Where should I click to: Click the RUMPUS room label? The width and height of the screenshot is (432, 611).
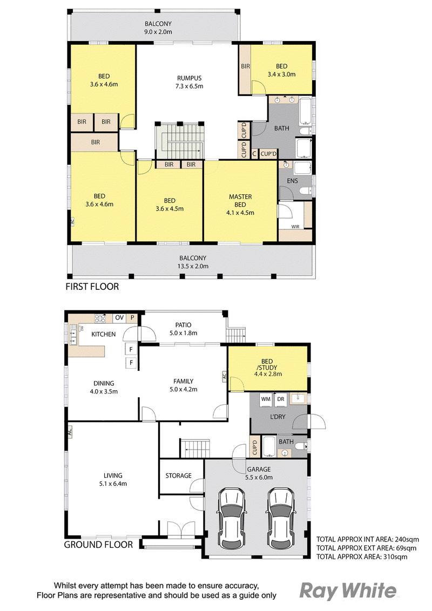point(189,78)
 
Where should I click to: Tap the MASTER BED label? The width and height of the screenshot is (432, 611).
point(240,201)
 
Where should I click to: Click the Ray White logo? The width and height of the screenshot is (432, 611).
point(348,591)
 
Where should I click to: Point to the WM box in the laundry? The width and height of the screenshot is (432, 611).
point(266,399)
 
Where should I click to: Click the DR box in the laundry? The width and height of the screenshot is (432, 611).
point(281,399)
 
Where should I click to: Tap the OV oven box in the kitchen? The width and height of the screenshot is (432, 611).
point(119,317)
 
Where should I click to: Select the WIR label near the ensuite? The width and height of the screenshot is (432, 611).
point(295,227)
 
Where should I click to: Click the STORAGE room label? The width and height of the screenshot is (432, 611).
point(179,476)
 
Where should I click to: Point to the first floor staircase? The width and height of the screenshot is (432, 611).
point(180,141)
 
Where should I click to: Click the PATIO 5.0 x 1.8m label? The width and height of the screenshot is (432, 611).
point(183,329)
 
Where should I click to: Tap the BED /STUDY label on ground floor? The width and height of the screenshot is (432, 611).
point(267,364)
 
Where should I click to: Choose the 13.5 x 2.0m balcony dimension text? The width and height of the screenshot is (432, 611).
point(193,266)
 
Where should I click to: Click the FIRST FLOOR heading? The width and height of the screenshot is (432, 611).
point(92,287)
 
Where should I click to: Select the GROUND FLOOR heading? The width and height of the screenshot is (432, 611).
point(98,545)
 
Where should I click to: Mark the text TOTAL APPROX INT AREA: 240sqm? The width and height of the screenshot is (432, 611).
point(367,539)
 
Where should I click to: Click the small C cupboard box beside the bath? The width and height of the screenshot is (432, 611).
point(254,154)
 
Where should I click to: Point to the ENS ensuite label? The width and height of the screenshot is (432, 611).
point(293,181)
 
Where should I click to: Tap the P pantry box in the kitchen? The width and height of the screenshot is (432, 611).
point(132,317)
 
